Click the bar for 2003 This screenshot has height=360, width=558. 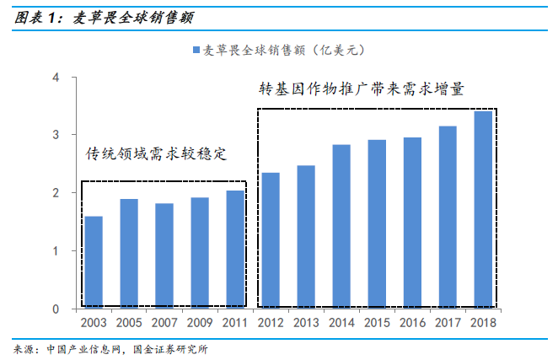pyautogui.click(x=94, y=262)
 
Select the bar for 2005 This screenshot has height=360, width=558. pyautogui.click(x=129, y=254)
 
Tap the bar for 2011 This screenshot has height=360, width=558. pyautogui.click(x=236, y=250)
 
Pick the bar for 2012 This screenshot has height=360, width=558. pyautogui.click(x=271, y=240)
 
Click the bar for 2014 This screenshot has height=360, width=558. pyautogui.click(x=341, y=227)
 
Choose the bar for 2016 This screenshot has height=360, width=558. pyautogui.click(x=412, y=223)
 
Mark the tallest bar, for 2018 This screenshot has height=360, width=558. pyautogui.click(x=483, y=210)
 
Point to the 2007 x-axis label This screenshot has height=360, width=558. pyautogui.click(x=164, y=322)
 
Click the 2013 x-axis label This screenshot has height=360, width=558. pyautogui.click(x=306, y=322)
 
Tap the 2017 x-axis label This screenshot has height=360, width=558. pyautogui.click(x=448, y=322)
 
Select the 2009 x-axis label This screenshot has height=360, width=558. pyautogui.click(x=200, y=322)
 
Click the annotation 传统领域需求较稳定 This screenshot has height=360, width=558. pyautogui.click(x=158, y=154)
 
